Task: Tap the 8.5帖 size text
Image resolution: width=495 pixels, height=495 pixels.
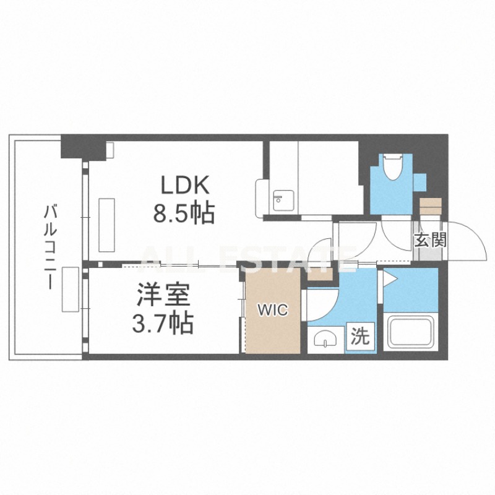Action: pos(184,213)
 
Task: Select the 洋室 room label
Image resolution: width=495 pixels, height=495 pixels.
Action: pos(163,295)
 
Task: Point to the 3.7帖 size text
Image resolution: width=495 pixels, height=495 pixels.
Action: pos(163,323)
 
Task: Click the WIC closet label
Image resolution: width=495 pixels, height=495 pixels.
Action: pos(273,310)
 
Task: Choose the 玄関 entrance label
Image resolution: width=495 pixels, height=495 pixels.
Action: pos(431,240)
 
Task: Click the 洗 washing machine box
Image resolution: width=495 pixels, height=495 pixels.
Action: pos(361,337)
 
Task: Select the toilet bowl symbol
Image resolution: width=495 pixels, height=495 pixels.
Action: pos(392,166)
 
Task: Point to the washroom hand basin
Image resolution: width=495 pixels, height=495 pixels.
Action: pos(325,339)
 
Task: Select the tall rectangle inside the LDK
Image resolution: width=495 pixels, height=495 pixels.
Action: pos(106,225)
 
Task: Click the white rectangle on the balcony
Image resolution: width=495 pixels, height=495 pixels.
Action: pos(71,290)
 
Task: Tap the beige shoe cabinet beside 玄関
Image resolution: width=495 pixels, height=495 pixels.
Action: pos(430,207)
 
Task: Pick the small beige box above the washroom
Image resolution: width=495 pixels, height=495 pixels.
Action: pos(320,274)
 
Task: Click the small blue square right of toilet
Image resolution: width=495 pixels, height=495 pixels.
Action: pos(420,183)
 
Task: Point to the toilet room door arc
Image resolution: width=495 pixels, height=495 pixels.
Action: pos(394,239)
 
